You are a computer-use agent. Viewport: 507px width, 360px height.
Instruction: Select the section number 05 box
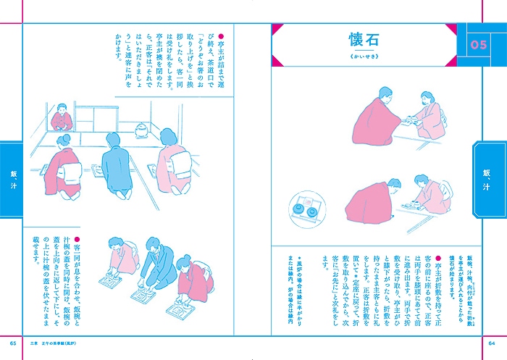pyautogui.click(x=478, y=46)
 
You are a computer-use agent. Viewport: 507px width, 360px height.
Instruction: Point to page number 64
pyautogui.click(x=492, y=342)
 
